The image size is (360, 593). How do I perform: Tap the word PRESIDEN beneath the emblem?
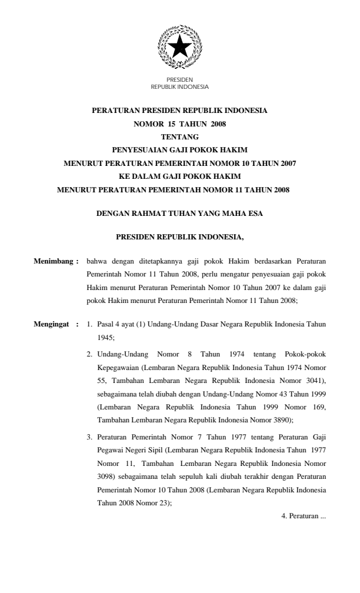[179, 80]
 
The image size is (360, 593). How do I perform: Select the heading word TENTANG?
[179, 136]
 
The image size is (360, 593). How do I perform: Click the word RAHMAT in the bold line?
[154, 214]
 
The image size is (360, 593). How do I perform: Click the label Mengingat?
[53, 324]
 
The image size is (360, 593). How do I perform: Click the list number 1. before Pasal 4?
[89, 324]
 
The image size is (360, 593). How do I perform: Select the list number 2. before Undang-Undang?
[89, 354]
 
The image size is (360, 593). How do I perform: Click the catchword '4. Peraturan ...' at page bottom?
[304, 516]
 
